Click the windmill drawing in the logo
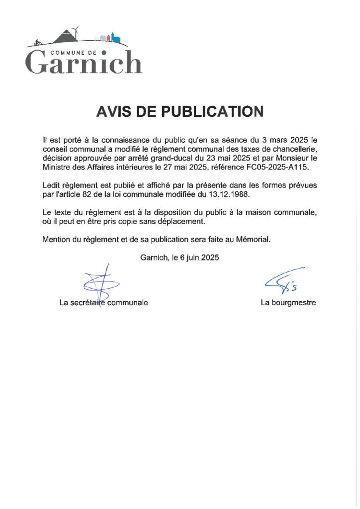coord(75,32)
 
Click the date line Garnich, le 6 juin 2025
coord(180,257)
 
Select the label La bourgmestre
coord(288,302)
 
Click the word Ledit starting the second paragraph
coord(52,184)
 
